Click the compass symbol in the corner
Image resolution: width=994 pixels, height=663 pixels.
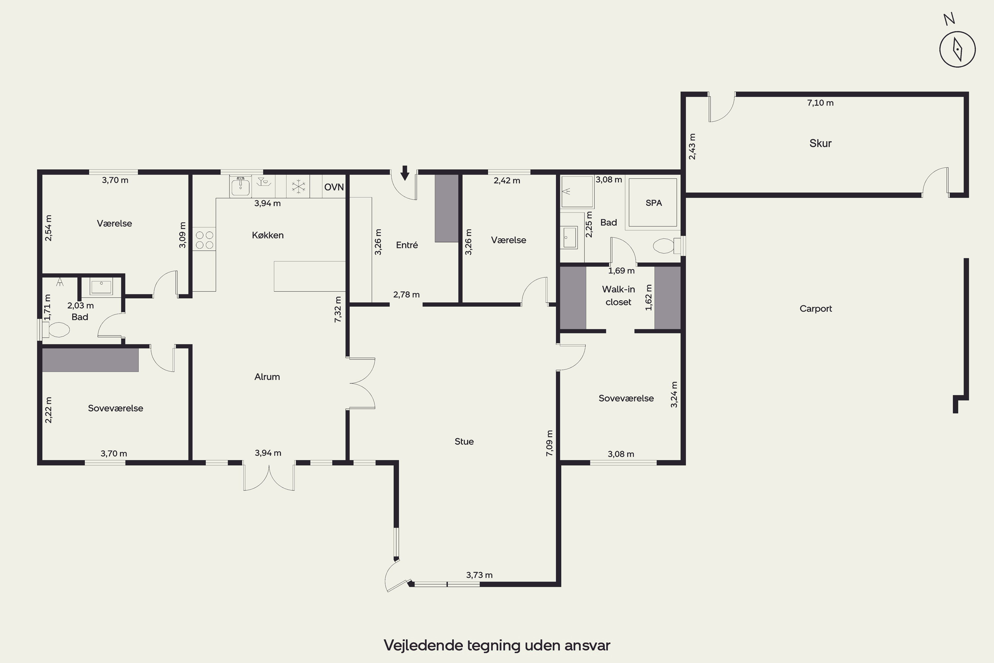pos(957,49)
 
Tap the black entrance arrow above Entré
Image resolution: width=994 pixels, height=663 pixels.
pos(405,173)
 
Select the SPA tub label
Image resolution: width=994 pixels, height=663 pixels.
pos(653,203)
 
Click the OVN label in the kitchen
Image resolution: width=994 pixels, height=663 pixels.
pos(334,187)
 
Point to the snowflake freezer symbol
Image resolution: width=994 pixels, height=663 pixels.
pos(299,186)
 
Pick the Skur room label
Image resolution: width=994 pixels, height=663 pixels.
pos(820,143)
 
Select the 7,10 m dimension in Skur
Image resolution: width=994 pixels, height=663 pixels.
pos(820,103)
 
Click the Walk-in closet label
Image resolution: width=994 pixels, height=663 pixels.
pos(618,296)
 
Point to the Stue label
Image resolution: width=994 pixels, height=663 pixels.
pos(464,442)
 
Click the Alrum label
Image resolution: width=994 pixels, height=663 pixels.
pos(267,377)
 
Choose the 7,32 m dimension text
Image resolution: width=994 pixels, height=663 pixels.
pos(338,310)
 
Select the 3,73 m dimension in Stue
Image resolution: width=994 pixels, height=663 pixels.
pos(479,575)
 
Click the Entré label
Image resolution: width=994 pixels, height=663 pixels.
pos(407,245)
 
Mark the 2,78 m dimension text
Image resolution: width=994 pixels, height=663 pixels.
pos(406,295)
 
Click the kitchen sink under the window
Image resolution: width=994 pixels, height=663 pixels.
pos(241,186)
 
